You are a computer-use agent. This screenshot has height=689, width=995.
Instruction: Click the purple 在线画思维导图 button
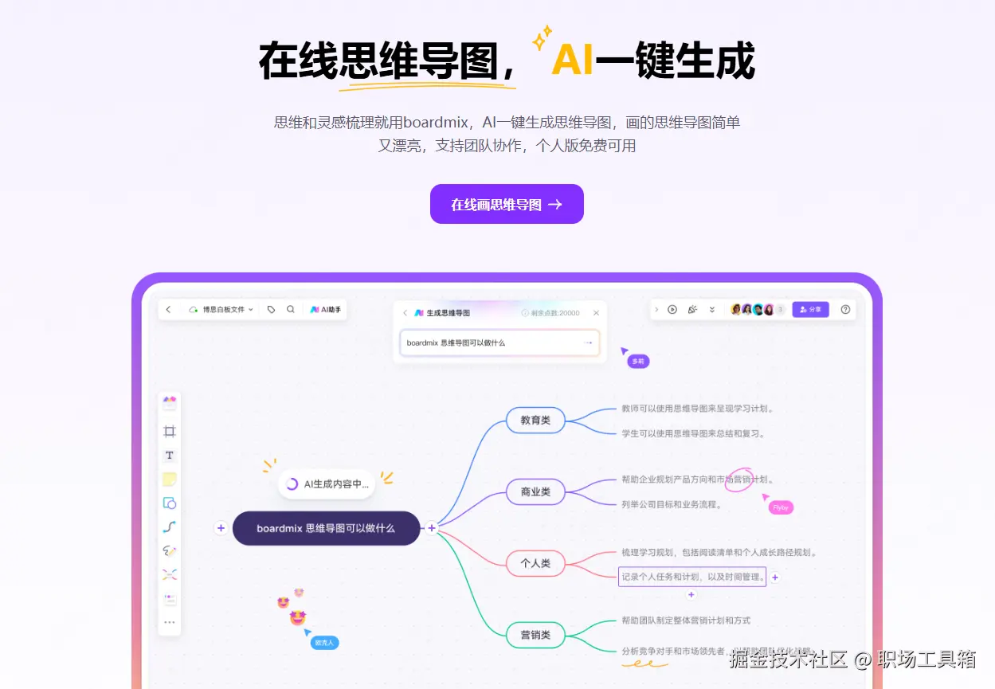(507, 205)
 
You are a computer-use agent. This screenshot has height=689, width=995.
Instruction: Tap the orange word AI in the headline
(572, 60)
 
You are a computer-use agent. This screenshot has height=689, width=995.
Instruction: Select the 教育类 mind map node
(535, 420)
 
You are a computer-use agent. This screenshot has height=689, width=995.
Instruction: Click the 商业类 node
(535, 492)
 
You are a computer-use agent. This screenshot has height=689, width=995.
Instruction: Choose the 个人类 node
(535, 563)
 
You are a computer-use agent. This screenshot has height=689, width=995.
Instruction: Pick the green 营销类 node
(535, 635)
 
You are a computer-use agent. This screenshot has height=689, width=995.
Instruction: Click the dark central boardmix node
(326, 528)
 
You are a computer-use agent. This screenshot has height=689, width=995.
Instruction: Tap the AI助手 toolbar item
(326, 309)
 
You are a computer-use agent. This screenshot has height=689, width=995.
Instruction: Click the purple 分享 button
(810, 309)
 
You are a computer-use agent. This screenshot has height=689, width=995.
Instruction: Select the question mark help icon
(845, 309)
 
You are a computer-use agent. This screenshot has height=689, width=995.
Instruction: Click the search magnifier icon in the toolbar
(291, 309)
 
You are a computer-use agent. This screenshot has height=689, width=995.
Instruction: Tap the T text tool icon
(169, 456)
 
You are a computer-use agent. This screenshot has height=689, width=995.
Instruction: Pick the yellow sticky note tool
(169, 480)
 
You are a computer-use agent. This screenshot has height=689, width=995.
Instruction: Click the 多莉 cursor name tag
(637, 362)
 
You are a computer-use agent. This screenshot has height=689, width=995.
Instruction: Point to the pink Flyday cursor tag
(781, 507)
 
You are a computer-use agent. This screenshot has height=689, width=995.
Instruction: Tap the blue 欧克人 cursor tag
(325, 642)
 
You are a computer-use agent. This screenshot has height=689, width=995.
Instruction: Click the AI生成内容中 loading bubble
(327, 483)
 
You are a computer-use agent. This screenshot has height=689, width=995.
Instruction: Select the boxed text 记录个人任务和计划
(691, 577)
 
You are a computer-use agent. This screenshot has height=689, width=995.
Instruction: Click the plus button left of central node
(221, 528)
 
